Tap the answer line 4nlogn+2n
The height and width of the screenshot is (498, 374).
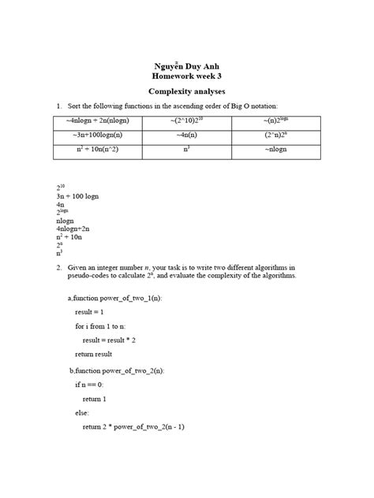click(77, 229)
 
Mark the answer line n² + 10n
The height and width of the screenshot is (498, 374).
click(70, 236)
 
